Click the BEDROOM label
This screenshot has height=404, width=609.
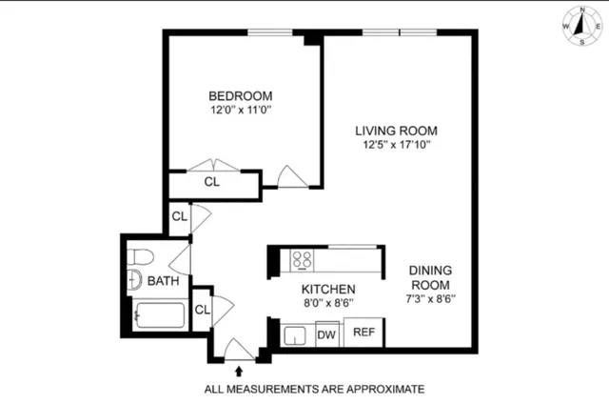click(x=241, y=95)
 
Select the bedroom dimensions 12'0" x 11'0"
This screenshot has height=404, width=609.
click(x=241, y=111)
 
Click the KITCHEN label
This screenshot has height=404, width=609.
click(x=328, y=290)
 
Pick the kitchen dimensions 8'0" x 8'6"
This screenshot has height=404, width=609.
click(x=328, y=305)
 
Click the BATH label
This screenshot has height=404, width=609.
click(x=163, y=281)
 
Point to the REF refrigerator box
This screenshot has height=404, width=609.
click(x=363, y=333)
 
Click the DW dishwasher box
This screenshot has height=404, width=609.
click(x=326, y=334)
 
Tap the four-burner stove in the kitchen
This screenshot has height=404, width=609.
click(x=303, y=259)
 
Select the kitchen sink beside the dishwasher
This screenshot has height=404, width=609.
click(x=295, y=335)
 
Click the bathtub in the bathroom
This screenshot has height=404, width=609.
click(x=160, y=313)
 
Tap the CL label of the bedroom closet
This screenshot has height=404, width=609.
click(x=213, y=182)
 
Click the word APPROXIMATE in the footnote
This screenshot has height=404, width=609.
click(x=377, y=389)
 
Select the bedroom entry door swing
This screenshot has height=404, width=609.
click(x=290, y=176)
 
